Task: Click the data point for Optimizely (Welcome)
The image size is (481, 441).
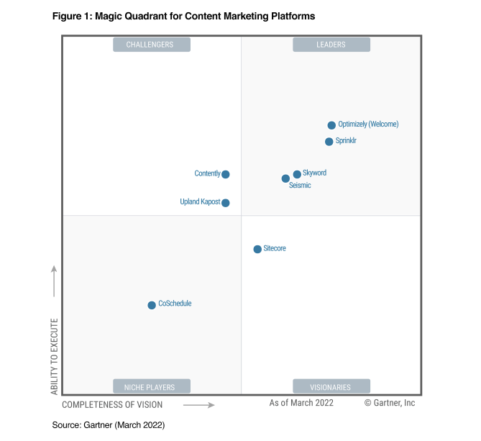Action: [x=331, y=125]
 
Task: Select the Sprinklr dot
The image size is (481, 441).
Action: [x=329, y=142]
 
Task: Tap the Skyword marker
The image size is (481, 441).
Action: [x=297, y=175]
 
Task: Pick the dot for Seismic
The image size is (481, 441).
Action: [x=285, y=178]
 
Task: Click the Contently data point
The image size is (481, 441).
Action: [x=226, y=174]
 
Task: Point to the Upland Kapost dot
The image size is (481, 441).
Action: [x=226, y=203]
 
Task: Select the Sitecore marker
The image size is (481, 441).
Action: [x=257, y=249]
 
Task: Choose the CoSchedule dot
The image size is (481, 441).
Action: [x=152, y=305]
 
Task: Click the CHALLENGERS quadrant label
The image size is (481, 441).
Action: [x=151, y=45]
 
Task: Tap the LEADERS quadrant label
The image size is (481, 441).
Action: [x=331, y=45]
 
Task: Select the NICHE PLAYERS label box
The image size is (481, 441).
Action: [x=151, y=387]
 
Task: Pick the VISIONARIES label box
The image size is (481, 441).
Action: [x=331, y=387]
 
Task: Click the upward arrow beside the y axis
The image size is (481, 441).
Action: [x=54, y=281]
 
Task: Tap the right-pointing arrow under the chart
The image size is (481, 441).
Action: [x=199, y=405]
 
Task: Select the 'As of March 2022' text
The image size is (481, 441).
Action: [x=301, y=404]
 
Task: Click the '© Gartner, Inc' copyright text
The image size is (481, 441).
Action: [x=389, y=404]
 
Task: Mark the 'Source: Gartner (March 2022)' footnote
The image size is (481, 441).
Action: [x=109, y=425]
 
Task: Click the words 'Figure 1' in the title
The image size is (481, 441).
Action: [x=70, y=16]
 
